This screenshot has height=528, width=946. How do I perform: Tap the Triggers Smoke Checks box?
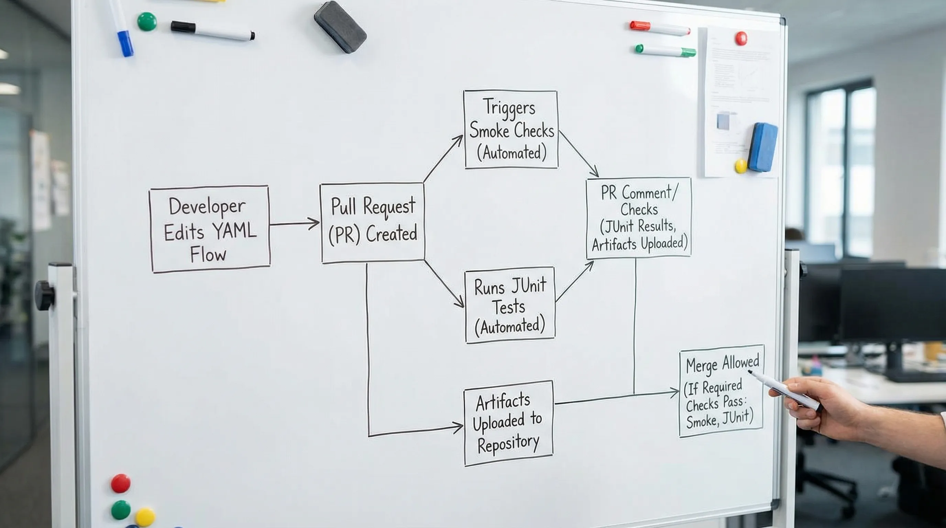[511, 130]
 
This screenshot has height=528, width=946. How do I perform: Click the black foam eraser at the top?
[340, 27]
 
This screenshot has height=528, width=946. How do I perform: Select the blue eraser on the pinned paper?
[763, 147]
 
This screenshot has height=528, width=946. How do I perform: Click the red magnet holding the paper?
[741, 38]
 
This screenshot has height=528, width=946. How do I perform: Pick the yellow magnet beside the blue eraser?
[741, 166]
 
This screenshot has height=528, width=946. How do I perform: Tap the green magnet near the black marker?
[147, 21]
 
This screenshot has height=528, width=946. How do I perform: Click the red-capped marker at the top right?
[660, 28]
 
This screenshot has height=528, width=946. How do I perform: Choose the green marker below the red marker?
[665, 51]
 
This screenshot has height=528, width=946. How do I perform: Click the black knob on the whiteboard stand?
[45, 296]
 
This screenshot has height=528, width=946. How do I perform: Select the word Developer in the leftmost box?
[207, 206]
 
